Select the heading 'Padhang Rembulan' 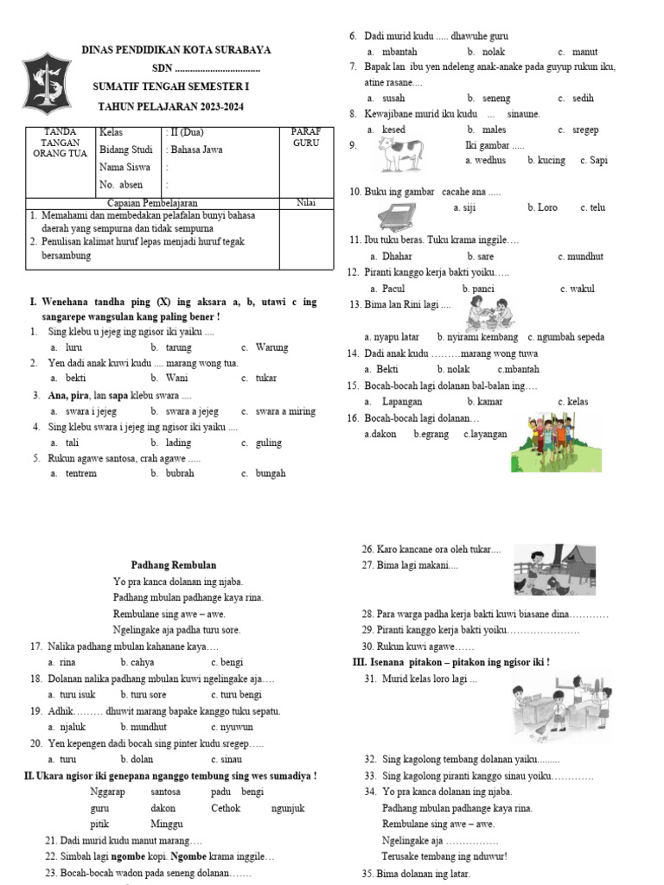pyautogui.click(x=173, y=564)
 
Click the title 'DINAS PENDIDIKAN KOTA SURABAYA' pyautogui.click(x=176, y=50)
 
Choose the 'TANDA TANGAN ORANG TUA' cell pyautogui.click(x=56, y=143)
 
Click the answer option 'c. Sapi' pyautogui.click(x=593, y=161)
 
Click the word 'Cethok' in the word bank pyautogui.click(x=226, y=808)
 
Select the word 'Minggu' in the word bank pyautogui.click(x=167, y=824)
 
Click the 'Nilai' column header pyautogui.click(x=305, y=202)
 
